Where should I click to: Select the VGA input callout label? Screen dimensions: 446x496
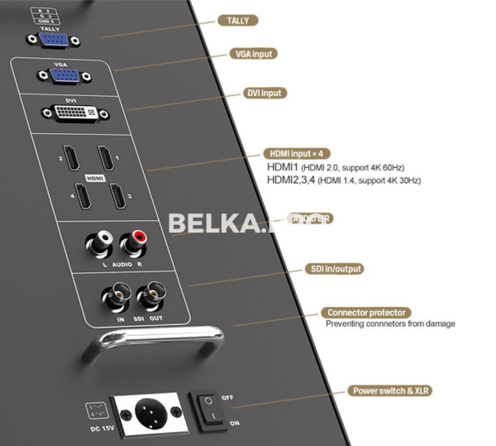pos(252,54)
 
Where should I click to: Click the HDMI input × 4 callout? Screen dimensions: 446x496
pos(297,153)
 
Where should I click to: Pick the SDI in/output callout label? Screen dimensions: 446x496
pos(335,269)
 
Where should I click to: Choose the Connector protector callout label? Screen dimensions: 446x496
pos(366,313)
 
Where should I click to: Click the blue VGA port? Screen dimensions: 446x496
pos(65,77)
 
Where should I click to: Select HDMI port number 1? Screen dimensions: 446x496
pos(105,155)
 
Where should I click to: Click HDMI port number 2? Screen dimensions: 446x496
pos(71,155)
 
